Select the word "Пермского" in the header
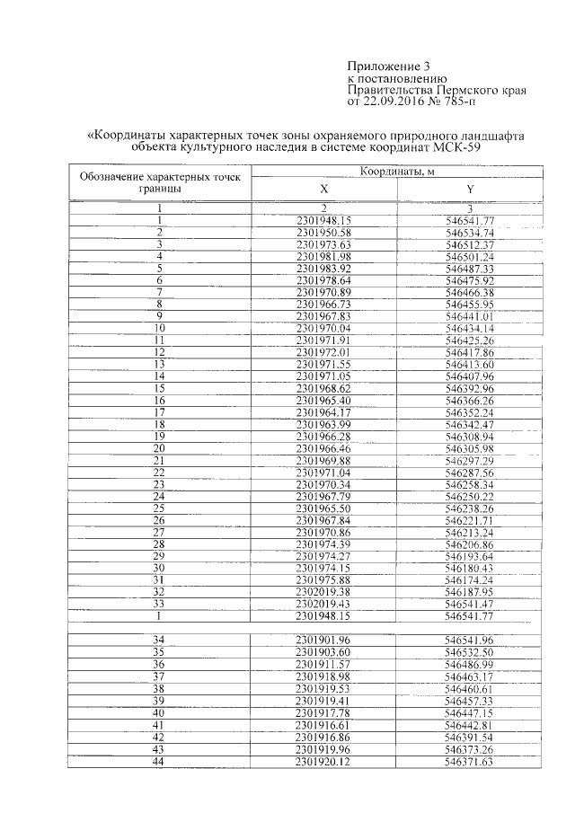click(459, 91)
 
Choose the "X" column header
click(324, 189)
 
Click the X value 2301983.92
click(324, 269)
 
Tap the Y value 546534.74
click(470, 233)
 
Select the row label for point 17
click(159, 412)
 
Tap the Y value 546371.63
click(470, 762)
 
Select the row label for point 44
click(159, 762)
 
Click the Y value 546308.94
click(470, 436)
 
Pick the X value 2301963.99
click(324, 424)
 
